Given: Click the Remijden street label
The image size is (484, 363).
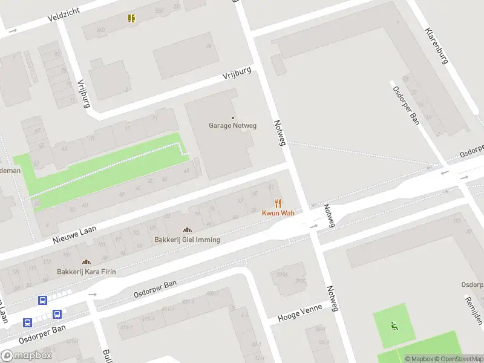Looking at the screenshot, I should click(474, 309).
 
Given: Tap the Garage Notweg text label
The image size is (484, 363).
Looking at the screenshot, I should click(233, 126).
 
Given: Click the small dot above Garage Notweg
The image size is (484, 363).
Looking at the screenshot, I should click(233, 118).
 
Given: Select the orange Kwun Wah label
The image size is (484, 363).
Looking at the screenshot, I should click(278, 213).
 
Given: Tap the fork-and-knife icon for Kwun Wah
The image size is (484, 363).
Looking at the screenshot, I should click(278, 203).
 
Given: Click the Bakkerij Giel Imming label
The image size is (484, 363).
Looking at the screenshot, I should click(187, 240).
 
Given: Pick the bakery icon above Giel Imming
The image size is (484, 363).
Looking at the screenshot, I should click(187, 230).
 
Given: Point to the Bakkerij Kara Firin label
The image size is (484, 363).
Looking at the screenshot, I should click(86, 272).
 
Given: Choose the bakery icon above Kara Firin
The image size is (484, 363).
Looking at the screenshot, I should click(86, 262).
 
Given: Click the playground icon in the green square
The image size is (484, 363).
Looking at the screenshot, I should click(394, 327).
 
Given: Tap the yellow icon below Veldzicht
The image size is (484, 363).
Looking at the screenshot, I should click(131, 18).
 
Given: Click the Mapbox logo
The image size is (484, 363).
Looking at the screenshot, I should click(27, 356).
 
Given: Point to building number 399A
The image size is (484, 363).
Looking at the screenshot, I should click(281, 274).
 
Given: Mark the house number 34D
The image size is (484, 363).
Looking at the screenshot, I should click(100, 29).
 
